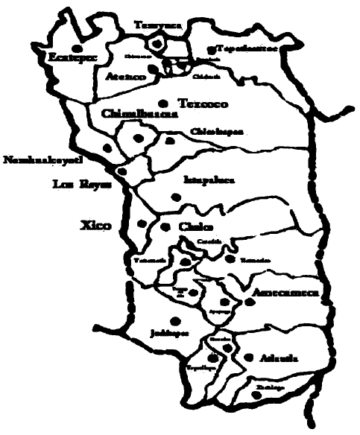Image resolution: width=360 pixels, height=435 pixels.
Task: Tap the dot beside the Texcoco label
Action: click(x=162, y=103)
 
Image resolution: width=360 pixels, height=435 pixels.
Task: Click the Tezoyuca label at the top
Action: click(x=157, y=25)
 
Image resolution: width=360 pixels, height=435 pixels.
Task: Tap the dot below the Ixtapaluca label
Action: click(x=176, y=197)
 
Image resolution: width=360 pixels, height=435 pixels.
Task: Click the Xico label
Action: click(x=97, y=223)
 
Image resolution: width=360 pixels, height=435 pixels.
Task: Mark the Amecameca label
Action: click(x=286, y=293)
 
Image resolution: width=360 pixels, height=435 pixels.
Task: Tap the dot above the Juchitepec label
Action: click(x=174, y=320)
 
